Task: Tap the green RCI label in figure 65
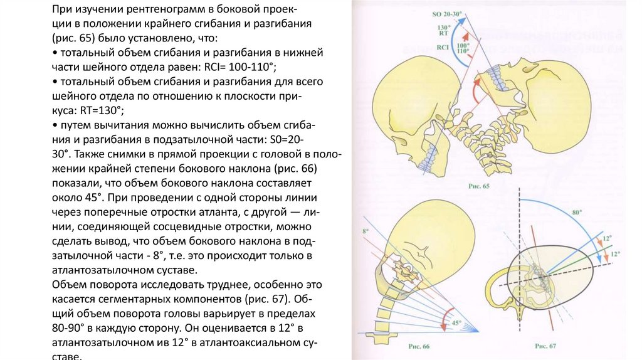point(443,47)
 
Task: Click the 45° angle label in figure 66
point(456,323)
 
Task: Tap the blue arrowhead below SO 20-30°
point(462,20)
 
